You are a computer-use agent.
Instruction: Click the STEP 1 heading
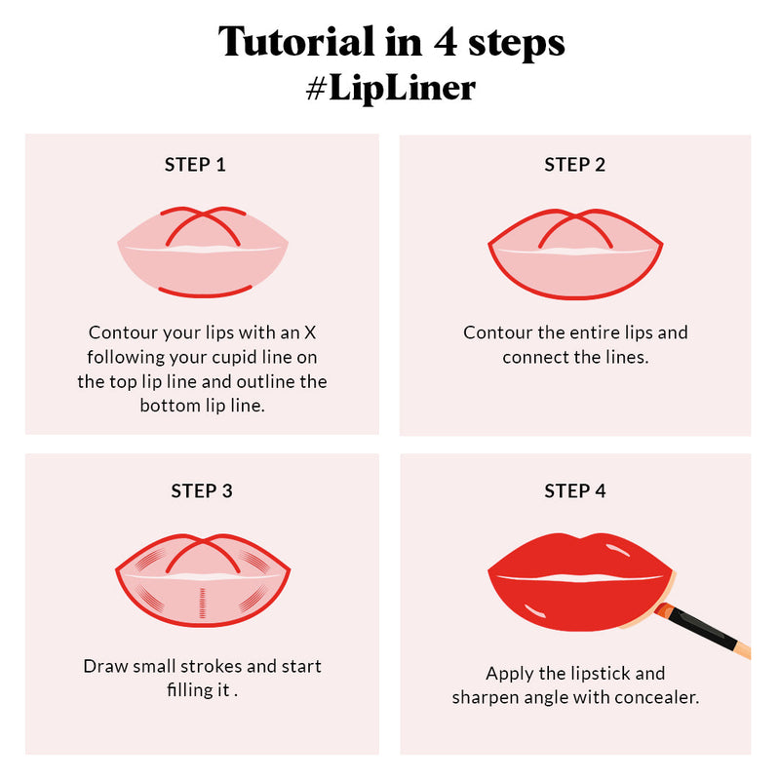[x=195, y=165]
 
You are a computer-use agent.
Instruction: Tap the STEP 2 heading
[x=574, y=165]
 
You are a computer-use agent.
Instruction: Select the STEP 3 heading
[x=202, y=490]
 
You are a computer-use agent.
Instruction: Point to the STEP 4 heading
[x=574, y=490]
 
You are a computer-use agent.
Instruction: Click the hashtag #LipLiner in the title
[x=390, y=87]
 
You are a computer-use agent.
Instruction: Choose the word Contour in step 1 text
[x=120, y=332]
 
